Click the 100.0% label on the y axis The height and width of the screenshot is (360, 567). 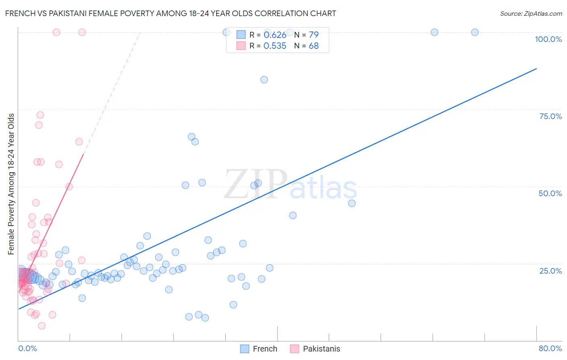(x=548, y=39)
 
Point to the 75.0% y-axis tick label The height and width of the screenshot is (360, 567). (x=550, y=116)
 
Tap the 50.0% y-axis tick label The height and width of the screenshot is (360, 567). (x=550, y=193)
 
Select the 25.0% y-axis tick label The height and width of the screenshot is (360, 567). (x=550, y=270)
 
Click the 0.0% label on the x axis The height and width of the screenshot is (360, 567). (x=27, y=348)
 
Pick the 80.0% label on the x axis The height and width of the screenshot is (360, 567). (x=550, y=348)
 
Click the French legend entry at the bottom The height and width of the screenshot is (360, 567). (x=258, y=349)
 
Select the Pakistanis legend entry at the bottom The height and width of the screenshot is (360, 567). (x=315, y=349)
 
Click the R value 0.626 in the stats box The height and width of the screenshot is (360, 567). (x=275, y=35)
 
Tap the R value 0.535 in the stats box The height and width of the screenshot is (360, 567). (x=275, y=46)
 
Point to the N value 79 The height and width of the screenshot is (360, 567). (x=313, y=35)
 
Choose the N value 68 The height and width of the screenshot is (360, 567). (x=313, y=46)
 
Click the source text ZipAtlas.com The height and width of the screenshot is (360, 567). (x=531, y=13)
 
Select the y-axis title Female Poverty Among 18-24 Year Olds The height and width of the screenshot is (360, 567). (x=11, y=184)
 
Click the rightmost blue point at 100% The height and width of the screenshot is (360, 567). (x=475, y=32)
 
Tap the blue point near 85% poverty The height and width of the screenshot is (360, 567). (x=264, y=80)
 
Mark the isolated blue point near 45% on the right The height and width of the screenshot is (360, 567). (x=352, y=203)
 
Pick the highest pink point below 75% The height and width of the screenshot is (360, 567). (x=40, y=115)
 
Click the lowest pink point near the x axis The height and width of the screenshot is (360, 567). (x=42, y=326)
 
